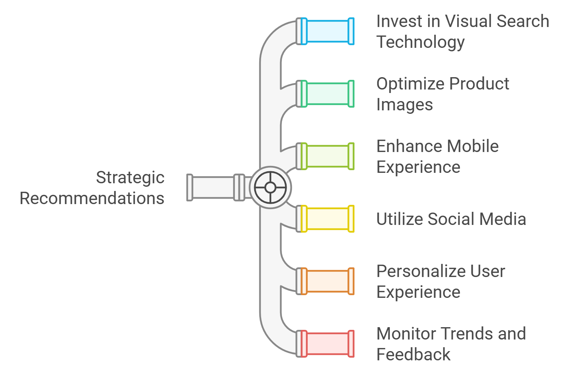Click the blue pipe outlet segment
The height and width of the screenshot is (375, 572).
coord(327,31)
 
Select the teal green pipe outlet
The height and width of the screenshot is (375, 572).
coord(327,94)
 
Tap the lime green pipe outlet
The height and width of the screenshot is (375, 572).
coord(327,156)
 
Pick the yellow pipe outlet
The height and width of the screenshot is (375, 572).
coord(327,219)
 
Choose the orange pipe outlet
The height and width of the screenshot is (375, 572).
coord(327,281)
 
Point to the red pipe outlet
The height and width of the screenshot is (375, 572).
coord(327,344)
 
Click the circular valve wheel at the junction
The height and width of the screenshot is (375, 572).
coord(270,187)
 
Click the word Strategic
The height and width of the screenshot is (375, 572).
coord(130,178)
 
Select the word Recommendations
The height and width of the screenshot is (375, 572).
coord(92,198)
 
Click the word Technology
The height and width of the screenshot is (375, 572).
coord(420,42)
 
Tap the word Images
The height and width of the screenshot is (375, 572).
coord(404,105)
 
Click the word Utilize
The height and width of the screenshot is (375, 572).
coord(399,219)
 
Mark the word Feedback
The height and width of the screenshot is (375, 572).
coord(413,355)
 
